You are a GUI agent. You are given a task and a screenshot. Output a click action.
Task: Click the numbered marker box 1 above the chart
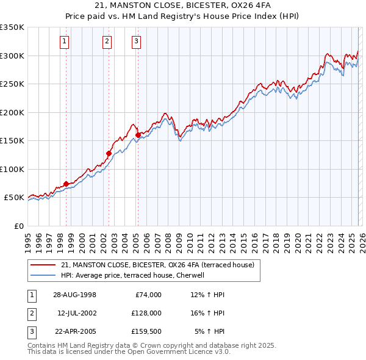point(64,41)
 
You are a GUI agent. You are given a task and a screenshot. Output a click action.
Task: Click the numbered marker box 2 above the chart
point(107,41)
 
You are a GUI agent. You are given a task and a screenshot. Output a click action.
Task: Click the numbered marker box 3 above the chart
point(136,41)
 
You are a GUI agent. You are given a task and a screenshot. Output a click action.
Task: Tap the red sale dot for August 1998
point(66,184)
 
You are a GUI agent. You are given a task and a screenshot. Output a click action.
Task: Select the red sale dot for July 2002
point(108,153)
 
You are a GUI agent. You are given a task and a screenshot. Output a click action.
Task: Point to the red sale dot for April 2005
point(138,135)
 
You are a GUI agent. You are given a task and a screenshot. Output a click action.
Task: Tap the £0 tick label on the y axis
point(18,226)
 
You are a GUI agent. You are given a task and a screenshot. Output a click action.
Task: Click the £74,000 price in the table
point(148,295)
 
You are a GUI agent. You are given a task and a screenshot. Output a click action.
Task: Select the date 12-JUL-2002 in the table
point(76,313)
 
